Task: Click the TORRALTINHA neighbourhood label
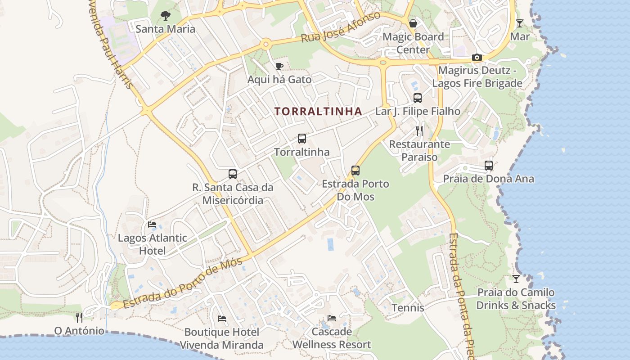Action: click(318, 111)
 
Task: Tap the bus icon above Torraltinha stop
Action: click(302, 139)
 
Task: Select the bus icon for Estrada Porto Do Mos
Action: click(355, 171)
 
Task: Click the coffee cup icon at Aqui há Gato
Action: click(279, 67)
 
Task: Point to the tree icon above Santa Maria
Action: click(166, 16)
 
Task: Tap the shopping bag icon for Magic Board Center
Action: click(413, 23)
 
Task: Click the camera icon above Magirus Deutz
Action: click(477, 58)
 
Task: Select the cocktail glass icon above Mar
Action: click(520, 23)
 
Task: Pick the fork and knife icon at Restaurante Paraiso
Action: click(419, 131)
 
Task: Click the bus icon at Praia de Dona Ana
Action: click(489, 166)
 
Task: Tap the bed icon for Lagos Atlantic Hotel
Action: click(152, 225)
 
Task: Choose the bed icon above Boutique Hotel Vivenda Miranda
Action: click(222, 319)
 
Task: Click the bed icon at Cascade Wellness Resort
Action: click(332, 318)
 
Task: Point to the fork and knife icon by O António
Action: click(79, 318)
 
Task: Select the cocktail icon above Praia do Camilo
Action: click(516, 279)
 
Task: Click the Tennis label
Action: click(408, 308)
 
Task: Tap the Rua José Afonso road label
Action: click(340, 27)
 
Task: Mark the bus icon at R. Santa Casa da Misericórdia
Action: click(233, 174)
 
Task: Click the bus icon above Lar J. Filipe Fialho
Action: click(418, 98)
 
